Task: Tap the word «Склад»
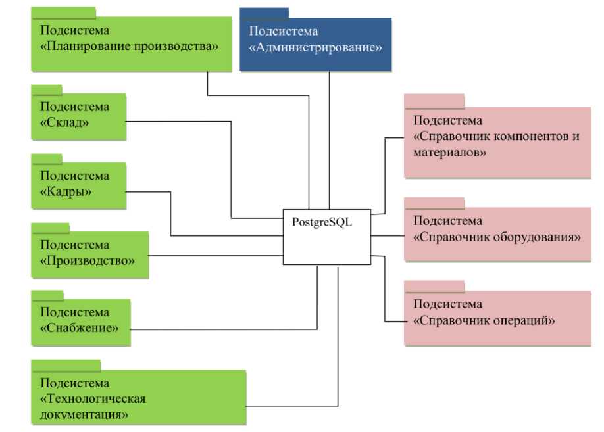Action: click(65, 123)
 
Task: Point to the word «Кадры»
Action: click(66, 191)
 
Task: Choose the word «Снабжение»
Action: click(80, 327)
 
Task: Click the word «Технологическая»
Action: click(93, 398)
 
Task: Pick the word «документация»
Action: click(84, 414)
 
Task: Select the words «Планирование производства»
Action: click(129, 47)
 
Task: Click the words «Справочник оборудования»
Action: click(497, 237)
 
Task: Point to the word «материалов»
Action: click(450, 153)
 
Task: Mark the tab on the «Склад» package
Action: click(47, 89)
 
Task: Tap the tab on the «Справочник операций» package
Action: click(434, 286)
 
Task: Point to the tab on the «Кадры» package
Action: click(47, 158)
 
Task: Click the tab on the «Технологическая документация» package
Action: click(66, 364)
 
